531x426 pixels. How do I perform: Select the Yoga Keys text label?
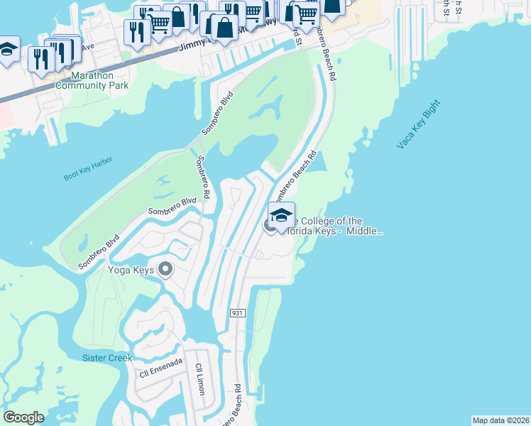(x=131, y=270)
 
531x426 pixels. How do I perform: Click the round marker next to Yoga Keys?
(x=166, y=269)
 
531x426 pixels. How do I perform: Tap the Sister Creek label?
(x=107, y=358)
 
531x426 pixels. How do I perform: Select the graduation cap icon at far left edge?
(x=7, y=50)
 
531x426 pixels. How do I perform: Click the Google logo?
(x=23, y=417)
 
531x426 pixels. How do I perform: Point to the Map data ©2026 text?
(x=500, y=420)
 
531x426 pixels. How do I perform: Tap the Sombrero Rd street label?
(x=202, y=178)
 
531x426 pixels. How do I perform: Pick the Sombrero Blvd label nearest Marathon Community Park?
(x=217, y=114)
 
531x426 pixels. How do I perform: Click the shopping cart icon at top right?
(x=306, y=13)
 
